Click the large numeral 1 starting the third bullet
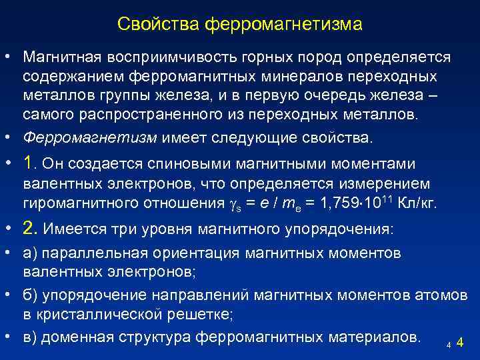pyautogui.click(x=28, y=163)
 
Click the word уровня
pyautogui.click(x=167, y=229)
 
